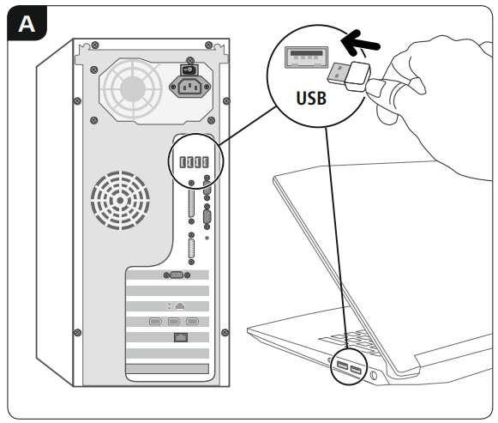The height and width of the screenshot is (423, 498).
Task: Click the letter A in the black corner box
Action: click(x=27, y=24)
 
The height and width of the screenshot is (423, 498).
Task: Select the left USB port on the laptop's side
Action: click(x=342, y=367)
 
